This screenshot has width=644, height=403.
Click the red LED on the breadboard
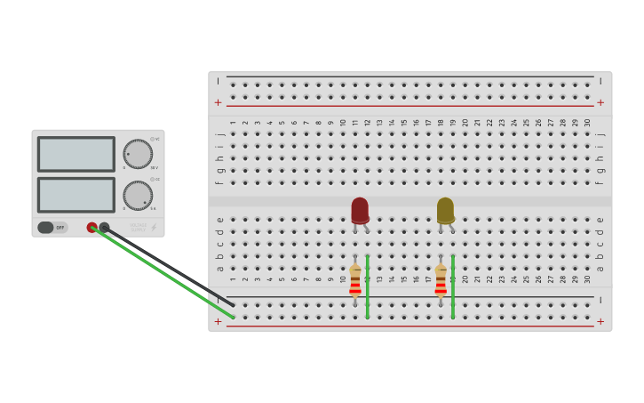tap(360, 210)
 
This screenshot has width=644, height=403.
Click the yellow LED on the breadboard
tap(445, 210)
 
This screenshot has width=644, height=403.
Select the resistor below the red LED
tap(355, 279)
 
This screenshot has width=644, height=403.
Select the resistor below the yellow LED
tap(441, 279)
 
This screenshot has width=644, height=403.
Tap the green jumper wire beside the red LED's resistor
tap(368, 286)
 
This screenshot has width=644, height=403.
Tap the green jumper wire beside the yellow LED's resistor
tap(453, 286)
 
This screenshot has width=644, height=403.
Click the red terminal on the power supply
tap(91, 228)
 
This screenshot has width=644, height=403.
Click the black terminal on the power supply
tap(104, 228)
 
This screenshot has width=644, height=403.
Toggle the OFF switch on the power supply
tap(52, 228)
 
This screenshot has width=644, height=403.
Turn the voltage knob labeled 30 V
tap(137, 153)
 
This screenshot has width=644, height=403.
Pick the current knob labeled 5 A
tap(137, 195)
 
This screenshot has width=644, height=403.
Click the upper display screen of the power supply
tap(76, 153)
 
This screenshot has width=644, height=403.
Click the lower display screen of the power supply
tap(76, 195)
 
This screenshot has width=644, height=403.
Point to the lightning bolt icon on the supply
tap(154, 227)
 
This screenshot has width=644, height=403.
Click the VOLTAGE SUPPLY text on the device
tap(139, 226)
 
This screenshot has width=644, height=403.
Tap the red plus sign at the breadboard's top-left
tap(219, 102)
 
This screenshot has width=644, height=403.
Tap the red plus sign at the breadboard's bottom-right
tap(600, 321)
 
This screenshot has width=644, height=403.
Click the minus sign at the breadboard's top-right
tap(600, 81)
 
